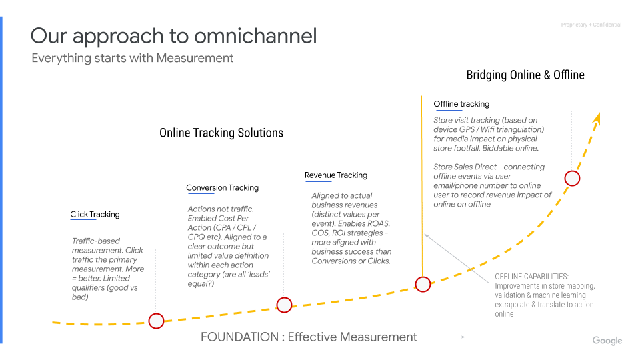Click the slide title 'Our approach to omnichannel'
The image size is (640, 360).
coord(173,35)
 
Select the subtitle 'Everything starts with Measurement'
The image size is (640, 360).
coord(133,58)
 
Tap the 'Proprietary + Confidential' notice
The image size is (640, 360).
coord(591,25)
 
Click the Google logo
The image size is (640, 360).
coord(607,341)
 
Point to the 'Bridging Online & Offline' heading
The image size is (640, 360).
coord(525,75)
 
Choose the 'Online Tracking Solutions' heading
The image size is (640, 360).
coord(221,133)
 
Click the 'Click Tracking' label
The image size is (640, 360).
coord(95,215)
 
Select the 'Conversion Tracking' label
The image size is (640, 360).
coord(222,188)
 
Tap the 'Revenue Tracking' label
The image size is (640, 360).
coord(336,175)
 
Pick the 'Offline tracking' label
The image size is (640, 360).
coord(461,104)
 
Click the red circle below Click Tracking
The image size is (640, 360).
coord(156,321)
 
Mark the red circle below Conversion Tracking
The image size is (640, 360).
coord(284,305)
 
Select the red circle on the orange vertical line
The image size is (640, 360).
coord(423,284)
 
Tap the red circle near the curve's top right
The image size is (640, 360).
coord(572,178)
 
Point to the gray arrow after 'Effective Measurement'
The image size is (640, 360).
coord(445,337)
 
